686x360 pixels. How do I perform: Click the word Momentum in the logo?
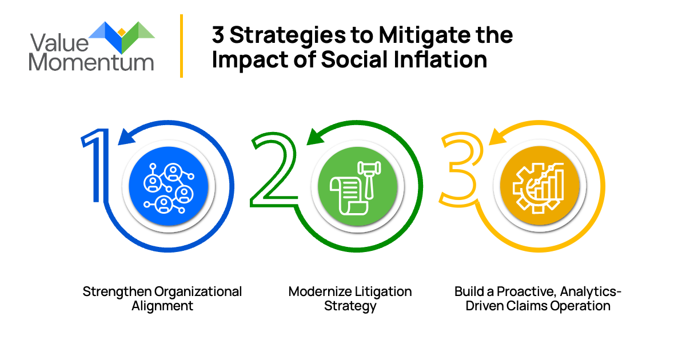[x=91, y=61]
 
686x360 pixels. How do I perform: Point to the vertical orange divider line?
[x=182, y=46]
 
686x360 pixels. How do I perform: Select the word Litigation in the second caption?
[x=381, y=291]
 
